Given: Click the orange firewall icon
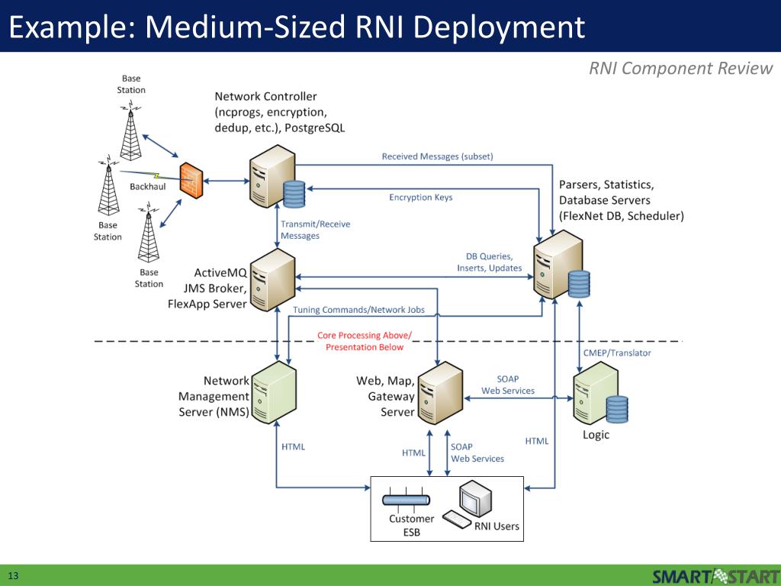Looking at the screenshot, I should [x=191, y=181].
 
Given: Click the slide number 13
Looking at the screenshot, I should [x=13, y=575].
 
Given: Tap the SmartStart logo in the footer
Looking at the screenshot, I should [x=716, y=575].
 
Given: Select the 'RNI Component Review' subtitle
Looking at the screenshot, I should [x=681, y=69].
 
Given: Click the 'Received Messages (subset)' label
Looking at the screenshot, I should [x=437, y=156].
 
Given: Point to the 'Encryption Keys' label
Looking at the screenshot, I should [x=420, y=198].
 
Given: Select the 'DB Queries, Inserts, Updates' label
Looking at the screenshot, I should [x=490, y=262].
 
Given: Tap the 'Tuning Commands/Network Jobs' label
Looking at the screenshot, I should [x=358, y=310].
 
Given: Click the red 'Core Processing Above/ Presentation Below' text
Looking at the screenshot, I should [x=364, y=341].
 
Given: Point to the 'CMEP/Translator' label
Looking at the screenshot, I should [x=617, y=353].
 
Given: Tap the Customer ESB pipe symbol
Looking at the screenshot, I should [x=406, y=501].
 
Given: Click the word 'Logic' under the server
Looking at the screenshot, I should [x=596, y=435].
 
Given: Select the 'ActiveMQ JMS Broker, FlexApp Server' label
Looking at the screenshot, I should [x=209, y=288].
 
